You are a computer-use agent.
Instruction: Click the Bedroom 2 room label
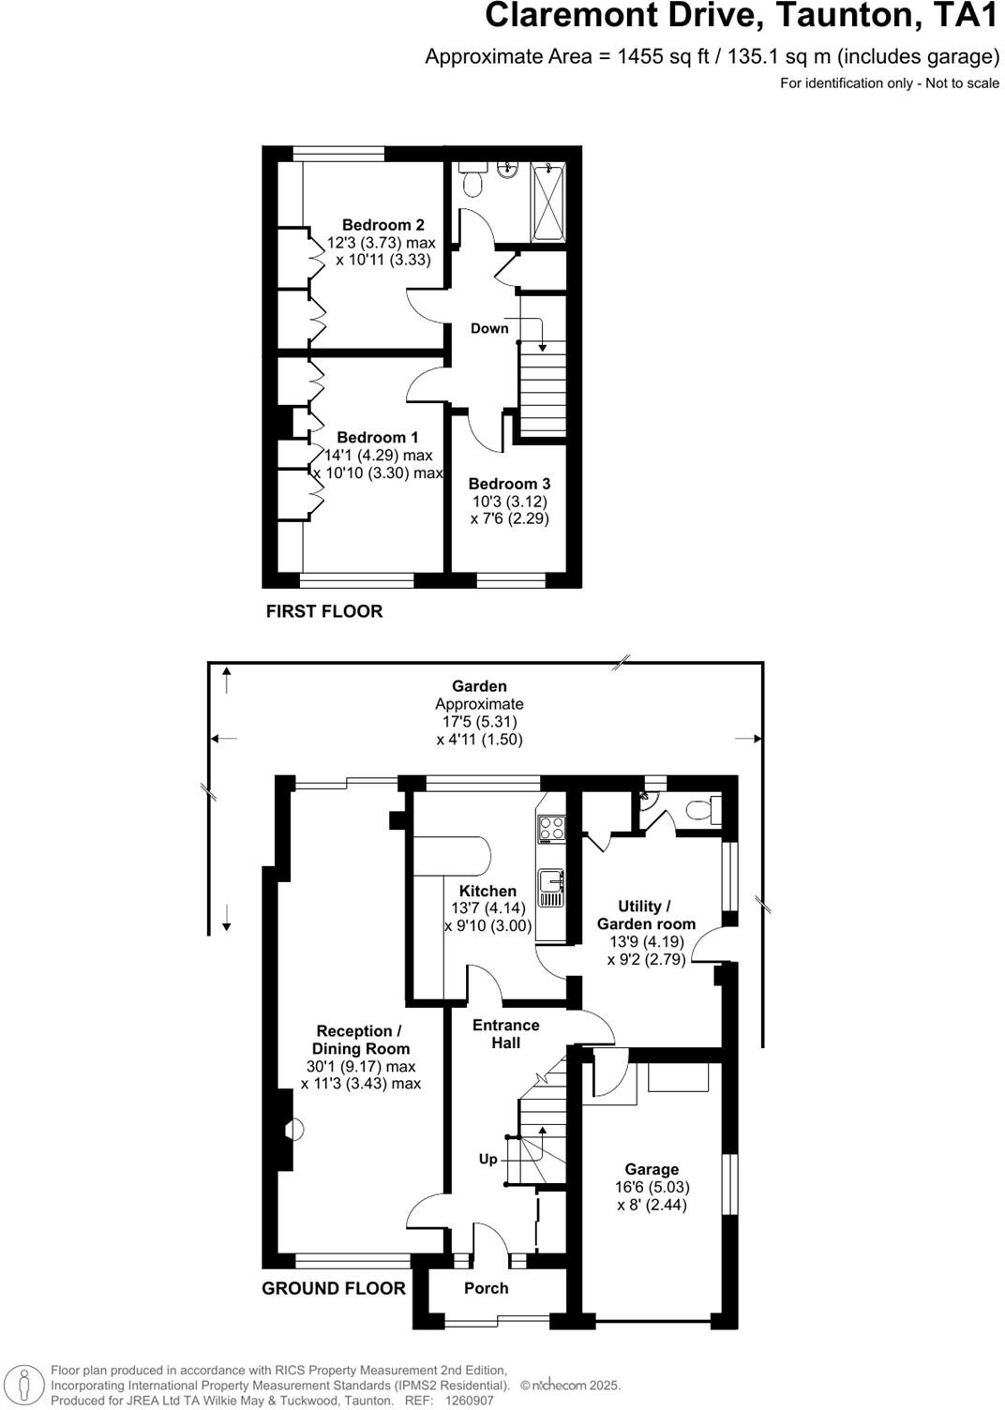[x=382, y=225]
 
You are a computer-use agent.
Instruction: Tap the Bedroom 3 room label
[x=509, y=484]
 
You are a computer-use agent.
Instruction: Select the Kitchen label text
[x=487, y=891]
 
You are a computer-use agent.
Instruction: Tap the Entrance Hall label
[x=506, y=1033]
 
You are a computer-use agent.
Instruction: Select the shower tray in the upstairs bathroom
[x=548, y=202]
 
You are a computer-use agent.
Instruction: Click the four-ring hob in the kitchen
[x=551, y=829]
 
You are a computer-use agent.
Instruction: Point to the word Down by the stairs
[x=489, y=328]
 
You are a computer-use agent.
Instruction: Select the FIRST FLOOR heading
[x=324, y=611]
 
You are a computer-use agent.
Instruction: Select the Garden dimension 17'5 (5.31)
[x=476, y=721]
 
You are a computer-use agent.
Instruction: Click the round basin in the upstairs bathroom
[x=506, y=170]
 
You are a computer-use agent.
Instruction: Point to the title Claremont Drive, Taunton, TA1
[x=742, y=16]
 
